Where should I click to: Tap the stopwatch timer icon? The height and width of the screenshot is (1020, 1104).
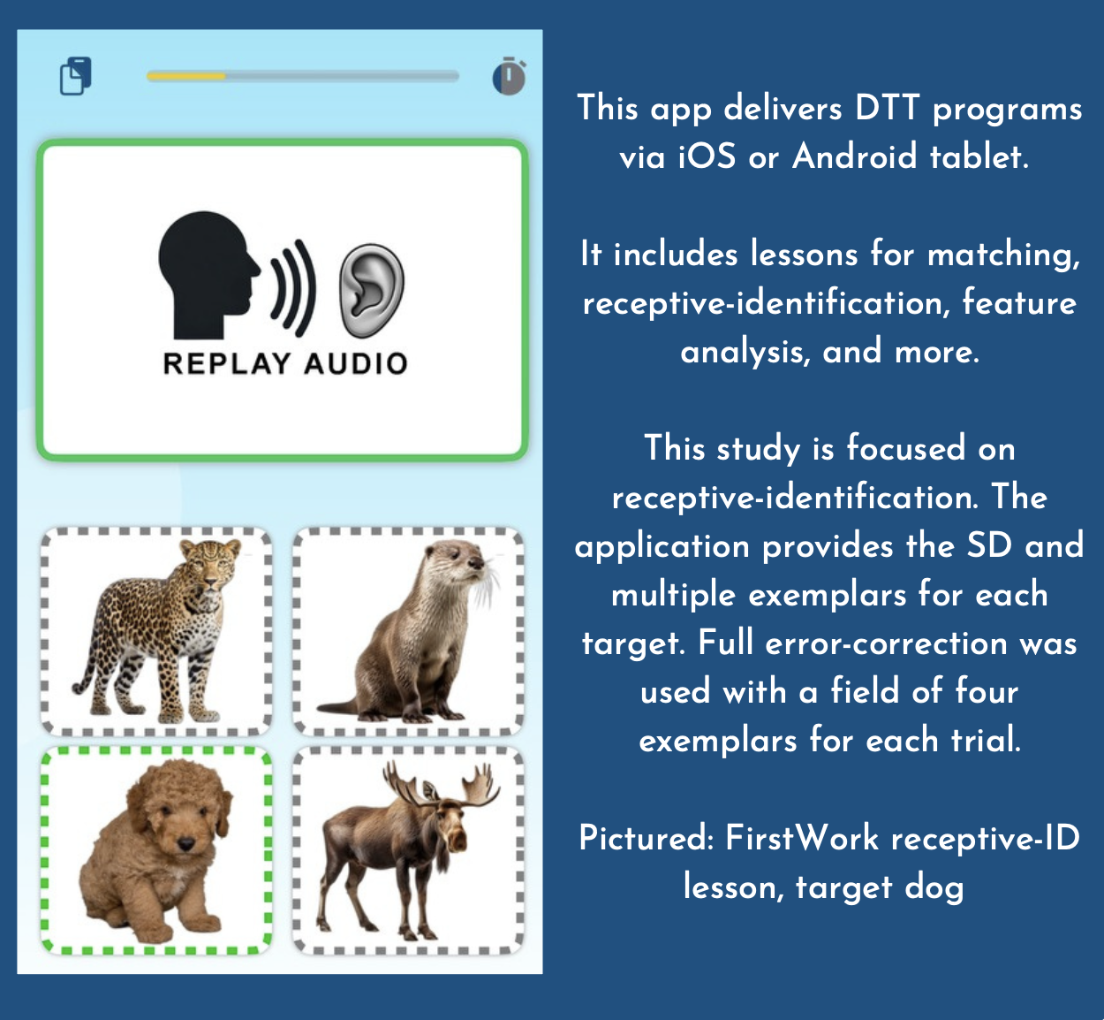(509, 76)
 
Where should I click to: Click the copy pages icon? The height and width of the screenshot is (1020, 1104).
(76, 76)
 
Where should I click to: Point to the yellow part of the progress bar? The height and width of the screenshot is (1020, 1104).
(186, 76)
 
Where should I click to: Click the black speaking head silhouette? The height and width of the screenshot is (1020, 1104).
(209, 275)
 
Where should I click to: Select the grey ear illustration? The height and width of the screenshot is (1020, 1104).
(371, 291)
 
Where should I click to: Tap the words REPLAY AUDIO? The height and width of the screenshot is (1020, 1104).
(285, 364)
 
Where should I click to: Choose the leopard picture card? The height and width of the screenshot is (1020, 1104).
(156, 632)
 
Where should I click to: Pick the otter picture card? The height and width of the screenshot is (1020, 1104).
(408, 632)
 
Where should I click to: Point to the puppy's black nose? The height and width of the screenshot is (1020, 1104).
(186, 843)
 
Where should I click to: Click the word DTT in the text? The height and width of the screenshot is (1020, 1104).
(887, 108)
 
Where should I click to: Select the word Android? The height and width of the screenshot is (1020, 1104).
(854, 156)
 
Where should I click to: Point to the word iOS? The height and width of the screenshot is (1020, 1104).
(707, 156)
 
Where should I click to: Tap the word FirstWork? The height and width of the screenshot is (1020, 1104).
(802, 838)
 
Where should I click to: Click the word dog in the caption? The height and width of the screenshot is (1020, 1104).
(934, 888)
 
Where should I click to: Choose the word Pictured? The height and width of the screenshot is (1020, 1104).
(646, 838)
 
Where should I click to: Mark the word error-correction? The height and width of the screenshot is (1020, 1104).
(886, 643)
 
